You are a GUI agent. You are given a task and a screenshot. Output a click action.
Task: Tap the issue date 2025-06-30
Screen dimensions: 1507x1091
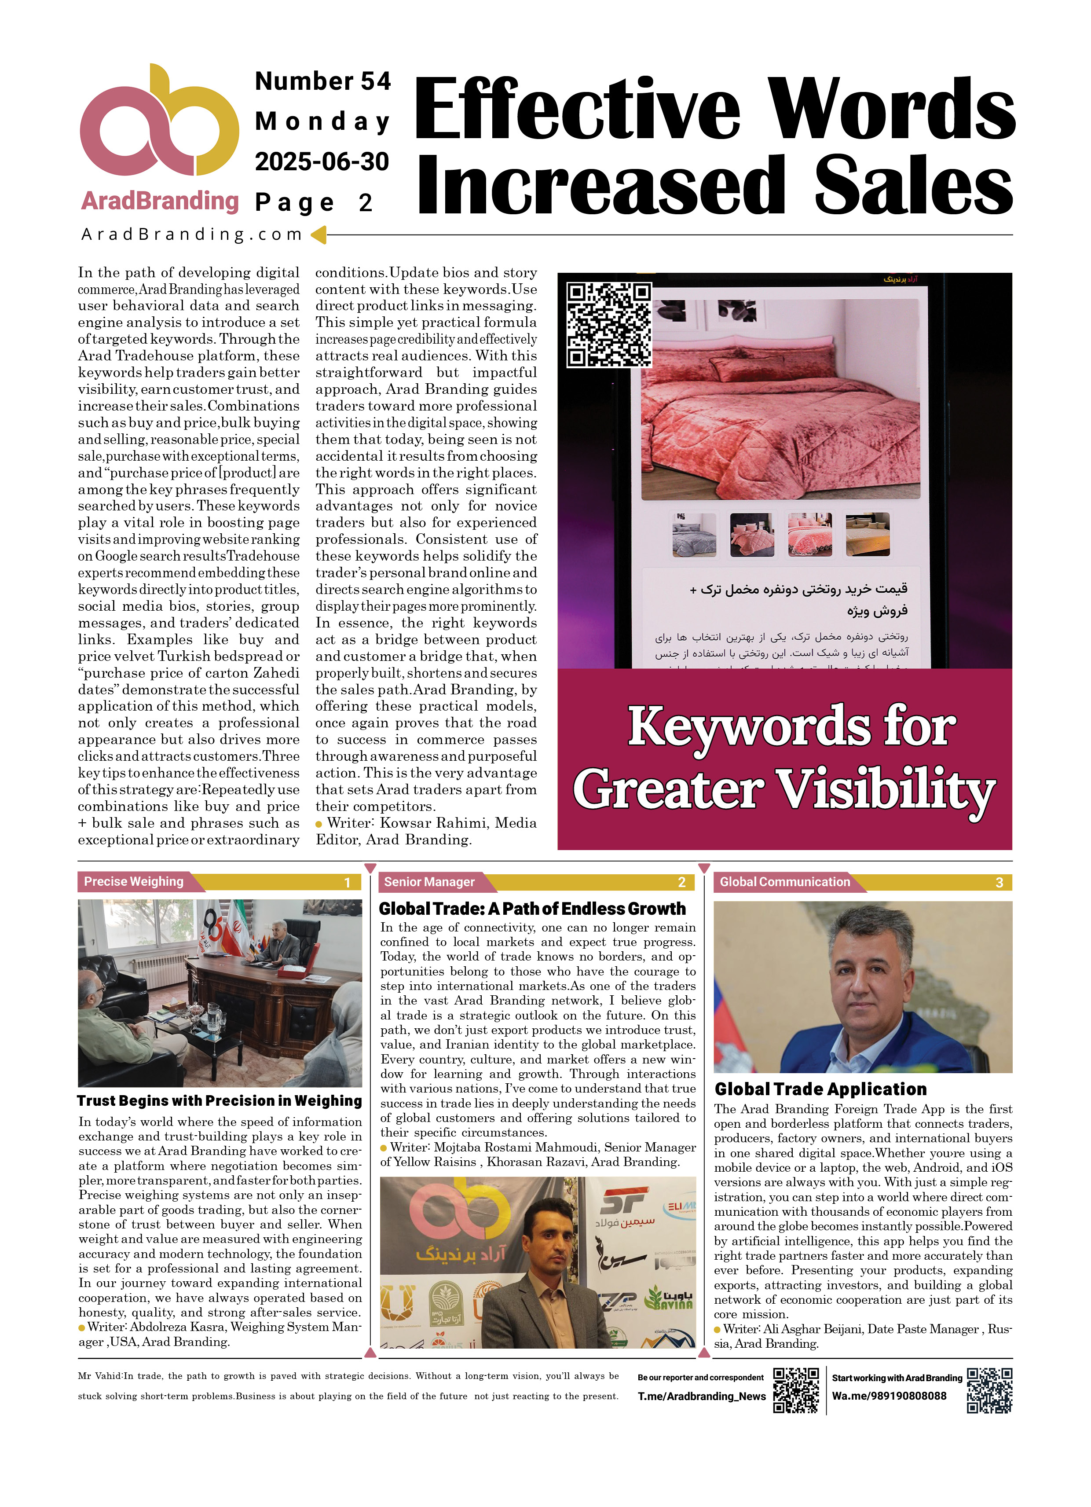322,161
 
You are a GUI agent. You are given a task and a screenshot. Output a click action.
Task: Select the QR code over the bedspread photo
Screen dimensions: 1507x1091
608,324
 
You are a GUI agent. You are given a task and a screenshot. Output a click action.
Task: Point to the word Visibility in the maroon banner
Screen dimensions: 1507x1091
886,789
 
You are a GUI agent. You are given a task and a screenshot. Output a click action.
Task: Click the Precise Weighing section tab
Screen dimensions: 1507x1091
134,882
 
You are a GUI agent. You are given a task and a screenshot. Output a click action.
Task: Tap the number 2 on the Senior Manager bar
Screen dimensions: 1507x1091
681,882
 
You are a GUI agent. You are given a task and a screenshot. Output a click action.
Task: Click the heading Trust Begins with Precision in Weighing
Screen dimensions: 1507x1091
219,1101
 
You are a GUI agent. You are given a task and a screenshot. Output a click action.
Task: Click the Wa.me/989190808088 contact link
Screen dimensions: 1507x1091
889,1396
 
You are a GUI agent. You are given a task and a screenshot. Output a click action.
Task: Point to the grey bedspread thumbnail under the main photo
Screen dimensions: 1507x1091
694,535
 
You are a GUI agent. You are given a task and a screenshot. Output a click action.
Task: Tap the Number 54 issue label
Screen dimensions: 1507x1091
323,81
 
